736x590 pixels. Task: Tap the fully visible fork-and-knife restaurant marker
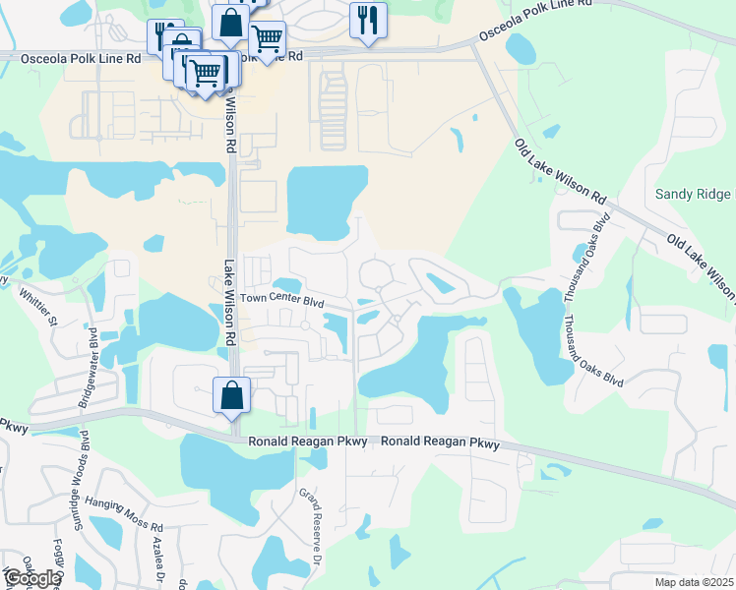point(368,20)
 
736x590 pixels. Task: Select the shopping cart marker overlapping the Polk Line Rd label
point(267,40)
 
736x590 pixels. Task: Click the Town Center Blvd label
point(282,301)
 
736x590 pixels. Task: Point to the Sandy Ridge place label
point(695,194)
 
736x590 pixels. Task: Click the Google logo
point(31,577)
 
